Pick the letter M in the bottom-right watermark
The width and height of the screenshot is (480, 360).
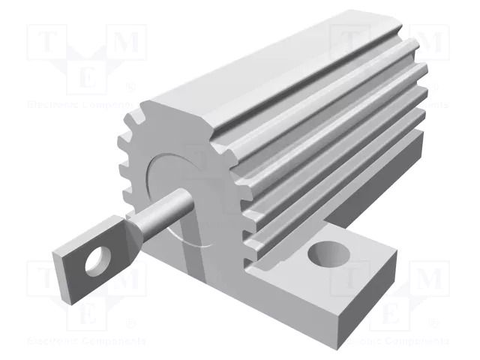tap(428, 280)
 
